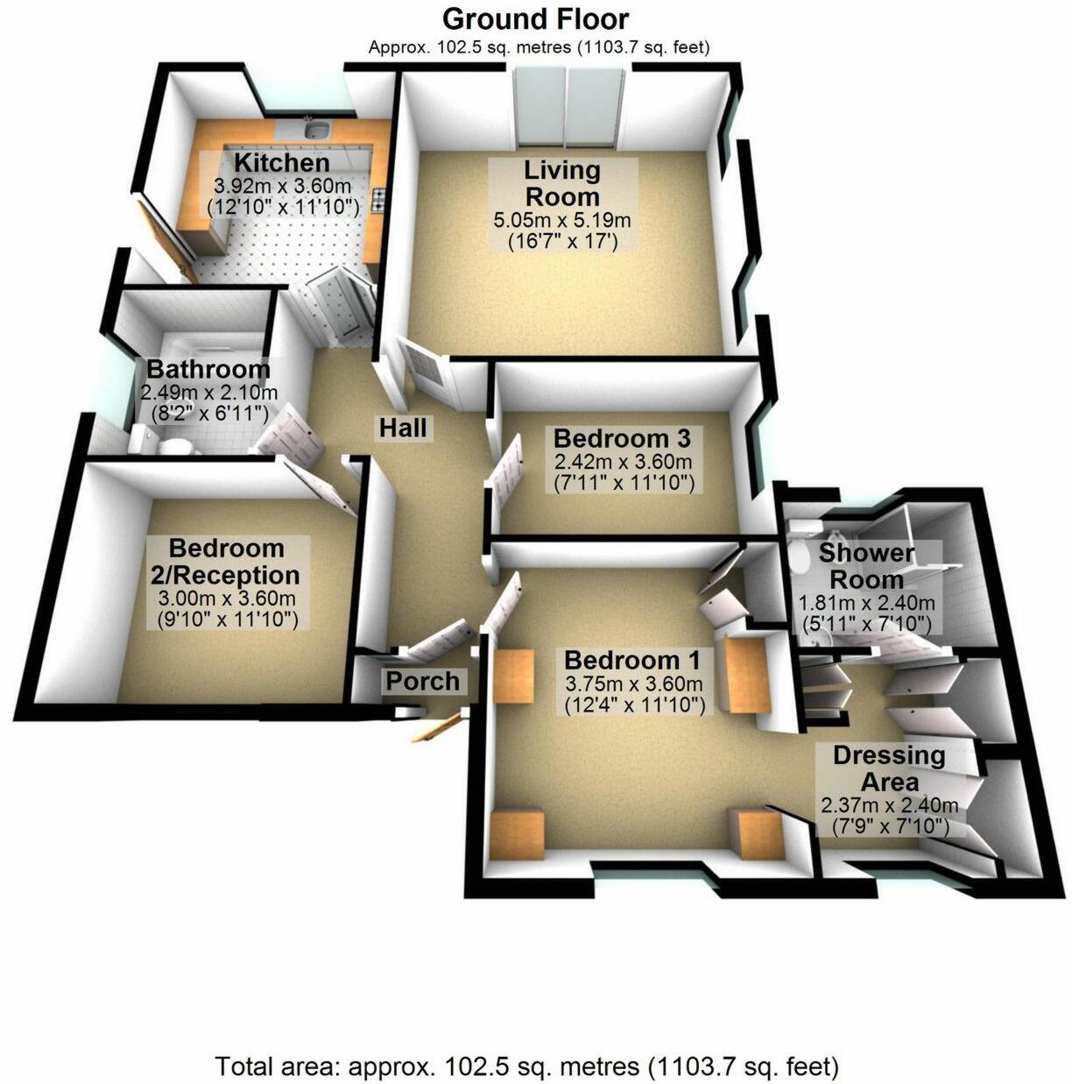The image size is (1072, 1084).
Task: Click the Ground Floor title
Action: pos(535,18)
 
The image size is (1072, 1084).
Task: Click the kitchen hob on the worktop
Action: pos(380,201)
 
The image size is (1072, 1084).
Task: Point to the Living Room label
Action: pos(561,182)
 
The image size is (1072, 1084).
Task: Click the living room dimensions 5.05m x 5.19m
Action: pos(562,220)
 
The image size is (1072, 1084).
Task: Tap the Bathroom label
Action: pos(208,370)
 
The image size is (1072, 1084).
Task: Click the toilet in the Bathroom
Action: pos(178,447)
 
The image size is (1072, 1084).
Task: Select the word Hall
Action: pos(403,428)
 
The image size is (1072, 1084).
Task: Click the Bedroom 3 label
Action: pos(622,437)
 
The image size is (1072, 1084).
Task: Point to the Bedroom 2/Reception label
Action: pos(227,562)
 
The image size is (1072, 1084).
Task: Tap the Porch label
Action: pos(423,681)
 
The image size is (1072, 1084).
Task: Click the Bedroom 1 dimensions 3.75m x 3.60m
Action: pos(633,684)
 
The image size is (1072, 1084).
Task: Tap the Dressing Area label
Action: pos(889,768)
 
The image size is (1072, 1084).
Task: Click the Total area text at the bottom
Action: pos(527,1067)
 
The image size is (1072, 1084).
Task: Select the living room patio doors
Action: pos(568,110)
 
